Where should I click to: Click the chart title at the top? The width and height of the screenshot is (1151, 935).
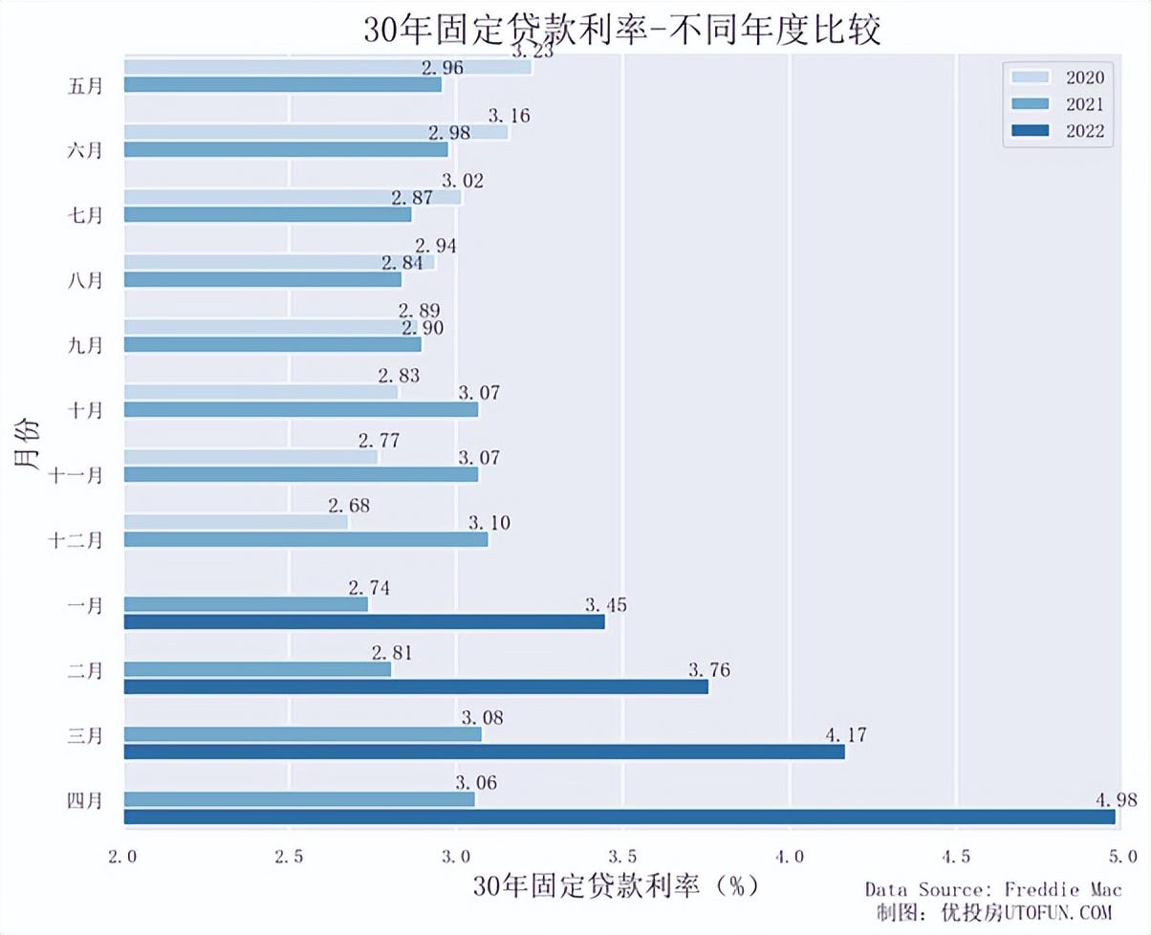coord(621,30)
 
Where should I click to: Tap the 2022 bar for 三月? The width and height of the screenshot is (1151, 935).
coord(484,752)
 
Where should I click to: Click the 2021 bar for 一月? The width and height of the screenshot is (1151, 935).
coord(246,604)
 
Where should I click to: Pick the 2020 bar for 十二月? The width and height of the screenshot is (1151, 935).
coord(236,522)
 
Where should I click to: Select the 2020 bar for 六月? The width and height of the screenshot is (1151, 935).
coord(315,133)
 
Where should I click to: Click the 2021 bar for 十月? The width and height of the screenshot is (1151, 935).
coord(301,409)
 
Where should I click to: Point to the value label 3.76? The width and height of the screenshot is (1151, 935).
coord(708,669)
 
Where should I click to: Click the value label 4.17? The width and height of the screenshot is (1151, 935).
coord(845,735)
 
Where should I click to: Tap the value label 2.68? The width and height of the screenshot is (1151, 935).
coord(348,506)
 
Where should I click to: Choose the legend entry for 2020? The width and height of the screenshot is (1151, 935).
coord(1057,76)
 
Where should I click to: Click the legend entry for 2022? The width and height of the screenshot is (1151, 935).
coord(1057,131)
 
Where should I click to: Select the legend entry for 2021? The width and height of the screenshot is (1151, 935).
coord(1057,103)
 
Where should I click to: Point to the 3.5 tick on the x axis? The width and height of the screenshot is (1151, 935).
coord(622,855)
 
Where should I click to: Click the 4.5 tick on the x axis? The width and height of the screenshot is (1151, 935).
coord(956,855)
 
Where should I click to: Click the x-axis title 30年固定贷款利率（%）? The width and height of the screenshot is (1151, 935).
coord(616,886)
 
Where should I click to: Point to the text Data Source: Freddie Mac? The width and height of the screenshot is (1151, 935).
coord(993,889)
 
